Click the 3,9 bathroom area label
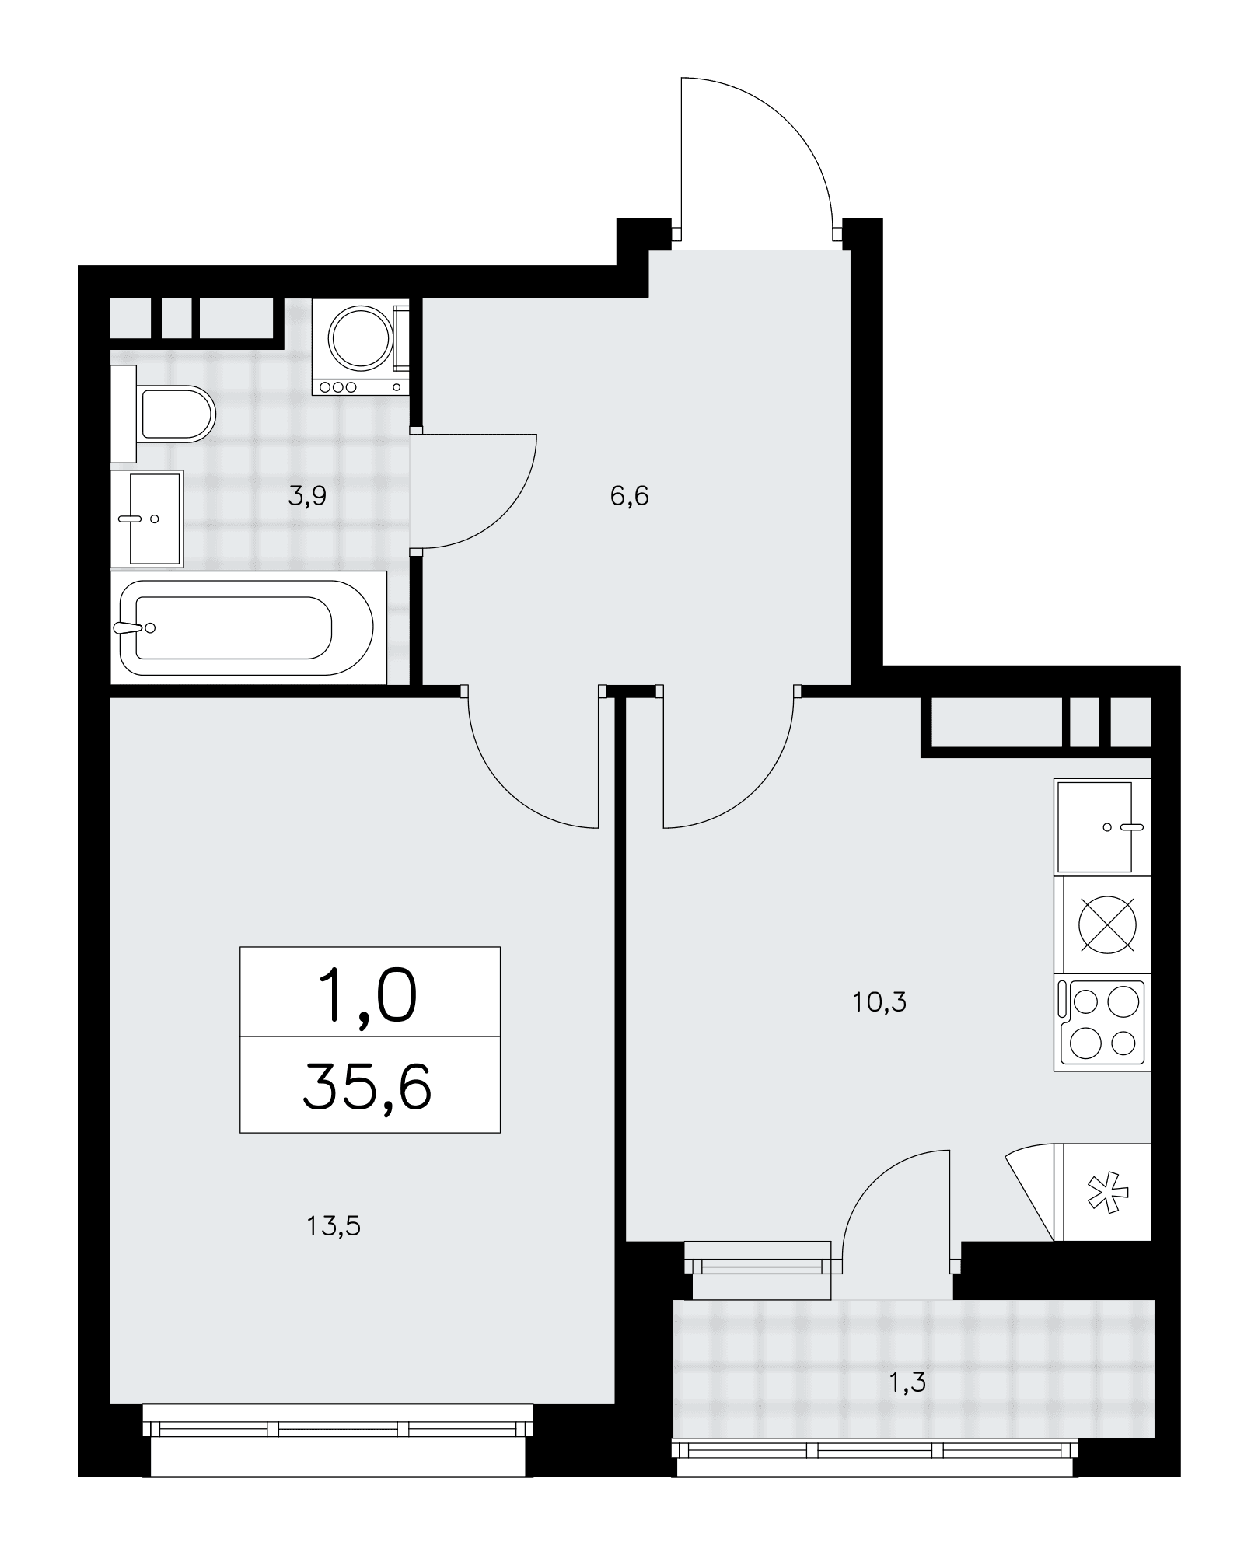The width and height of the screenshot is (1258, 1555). (x=307, y=497)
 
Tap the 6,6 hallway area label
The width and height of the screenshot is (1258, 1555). (x=630, y=495)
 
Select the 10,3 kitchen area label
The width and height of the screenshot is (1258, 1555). (x=879, y=1002)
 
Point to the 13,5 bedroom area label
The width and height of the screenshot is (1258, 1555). (x=334, y=1226)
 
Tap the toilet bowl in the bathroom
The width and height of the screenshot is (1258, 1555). (x=176, y=414)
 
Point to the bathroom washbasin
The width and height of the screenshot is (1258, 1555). (x=148, y=519)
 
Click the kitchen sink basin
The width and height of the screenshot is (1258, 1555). (x=1094, y=826)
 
